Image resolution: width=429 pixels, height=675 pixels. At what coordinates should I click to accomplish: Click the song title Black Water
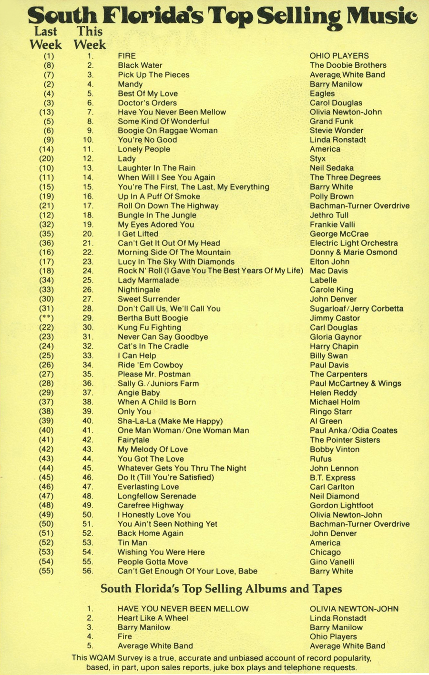coord(140,65)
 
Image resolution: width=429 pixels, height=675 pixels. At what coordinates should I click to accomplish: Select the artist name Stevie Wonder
coord(336,131)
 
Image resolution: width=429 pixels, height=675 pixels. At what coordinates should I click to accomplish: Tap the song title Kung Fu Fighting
coord(149,328)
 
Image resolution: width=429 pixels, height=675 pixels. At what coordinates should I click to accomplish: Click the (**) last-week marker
coord(46,318)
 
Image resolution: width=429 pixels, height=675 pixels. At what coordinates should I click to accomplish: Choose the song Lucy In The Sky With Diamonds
coord(176,262)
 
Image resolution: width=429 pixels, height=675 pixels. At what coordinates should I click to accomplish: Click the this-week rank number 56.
coord(88,571)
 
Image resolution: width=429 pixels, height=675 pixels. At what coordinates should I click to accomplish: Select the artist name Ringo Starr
coord(331,412)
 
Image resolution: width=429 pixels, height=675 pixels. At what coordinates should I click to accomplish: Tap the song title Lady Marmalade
coord(148,280)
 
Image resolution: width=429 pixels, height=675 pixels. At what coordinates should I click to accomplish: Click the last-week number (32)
coord(46,225)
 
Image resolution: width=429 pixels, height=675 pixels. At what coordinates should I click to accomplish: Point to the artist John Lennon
coord(334,468)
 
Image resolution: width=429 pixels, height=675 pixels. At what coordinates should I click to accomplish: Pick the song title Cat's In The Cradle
coord(153,346)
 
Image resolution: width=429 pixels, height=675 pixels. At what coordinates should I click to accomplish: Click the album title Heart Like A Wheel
coord(153,618)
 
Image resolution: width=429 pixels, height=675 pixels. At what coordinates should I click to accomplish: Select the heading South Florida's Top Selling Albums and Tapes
coord(221,589)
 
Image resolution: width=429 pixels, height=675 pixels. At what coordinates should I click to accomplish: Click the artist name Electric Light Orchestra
coord(353,243)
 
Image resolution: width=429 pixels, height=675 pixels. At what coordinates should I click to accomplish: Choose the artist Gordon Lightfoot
coord(341,506)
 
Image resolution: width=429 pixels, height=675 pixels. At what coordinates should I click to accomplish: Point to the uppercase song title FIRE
coord(127,56)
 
